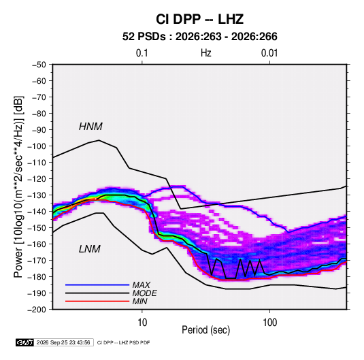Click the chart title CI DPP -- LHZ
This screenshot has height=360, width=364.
(199, 19)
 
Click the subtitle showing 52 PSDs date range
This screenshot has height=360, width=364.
(199, 37)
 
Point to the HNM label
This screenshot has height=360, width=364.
(90, 127)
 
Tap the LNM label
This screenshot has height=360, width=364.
(90, 249)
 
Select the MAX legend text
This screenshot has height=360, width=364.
(142, 285)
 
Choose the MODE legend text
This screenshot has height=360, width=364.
(145, 293)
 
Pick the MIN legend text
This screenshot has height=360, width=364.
(139, 301)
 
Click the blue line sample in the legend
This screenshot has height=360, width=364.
(97, 285)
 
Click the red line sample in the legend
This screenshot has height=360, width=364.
(97, 301)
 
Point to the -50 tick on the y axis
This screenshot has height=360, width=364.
(39, 65)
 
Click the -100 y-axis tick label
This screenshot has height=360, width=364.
(37, 146)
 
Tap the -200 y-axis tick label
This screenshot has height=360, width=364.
(37, 310)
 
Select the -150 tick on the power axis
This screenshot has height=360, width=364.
(37, 228)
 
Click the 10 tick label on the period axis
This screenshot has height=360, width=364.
(142, 323)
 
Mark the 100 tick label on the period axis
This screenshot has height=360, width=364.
(269, 323)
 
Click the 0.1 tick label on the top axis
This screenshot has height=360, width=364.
(142, 53)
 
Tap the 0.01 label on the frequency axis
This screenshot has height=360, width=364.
(269, 53)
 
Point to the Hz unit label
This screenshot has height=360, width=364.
(206, 53)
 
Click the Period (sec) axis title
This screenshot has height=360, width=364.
(206, 330)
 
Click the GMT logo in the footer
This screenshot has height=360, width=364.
(24, 342)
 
